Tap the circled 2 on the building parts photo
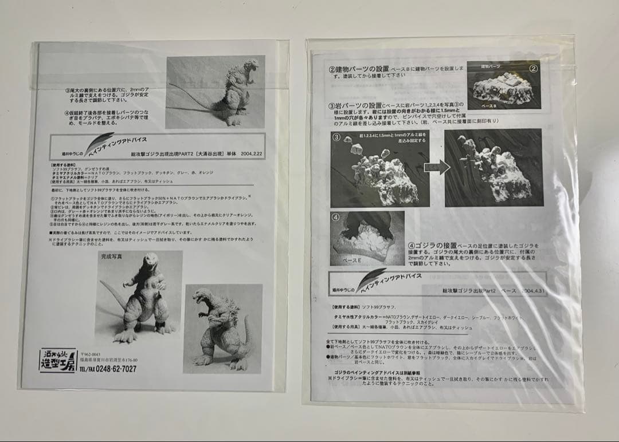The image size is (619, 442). click(532, 69)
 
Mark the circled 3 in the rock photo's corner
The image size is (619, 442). click(337, 137)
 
